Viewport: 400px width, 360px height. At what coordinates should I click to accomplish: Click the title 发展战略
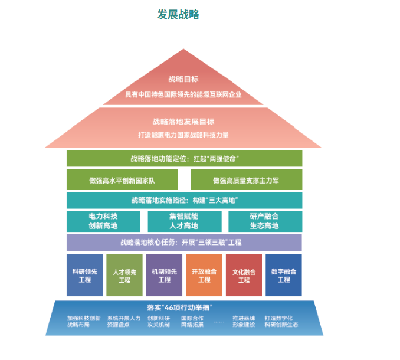pos(178,14)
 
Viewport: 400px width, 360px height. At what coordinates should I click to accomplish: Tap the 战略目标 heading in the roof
pos(183,79)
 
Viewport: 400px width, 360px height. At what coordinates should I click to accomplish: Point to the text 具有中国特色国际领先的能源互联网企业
pos(183,94)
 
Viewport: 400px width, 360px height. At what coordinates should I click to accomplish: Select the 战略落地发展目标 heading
pos(183,122)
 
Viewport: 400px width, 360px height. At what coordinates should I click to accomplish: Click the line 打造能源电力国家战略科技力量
pos(183,135)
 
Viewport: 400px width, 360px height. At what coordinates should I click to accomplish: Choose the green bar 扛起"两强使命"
pos(184,158)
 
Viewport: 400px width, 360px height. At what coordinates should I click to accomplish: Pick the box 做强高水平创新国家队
pos(122,179)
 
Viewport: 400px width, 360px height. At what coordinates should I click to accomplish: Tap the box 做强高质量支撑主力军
pos(246,179)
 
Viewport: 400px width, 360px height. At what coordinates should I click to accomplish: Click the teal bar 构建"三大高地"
pos(184,200)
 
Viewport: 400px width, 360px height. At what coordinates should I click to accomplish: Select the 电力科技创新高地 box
pos(103,221)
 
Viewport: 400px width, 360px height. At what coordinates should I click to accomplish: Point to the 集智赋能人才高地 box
pos(183,221)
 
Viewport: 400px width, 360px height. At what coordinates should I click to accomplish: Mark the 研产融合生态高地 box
pos(265,221)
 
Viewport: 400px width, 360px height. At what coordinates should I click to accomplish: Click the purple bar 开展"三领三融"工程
pos(184,242)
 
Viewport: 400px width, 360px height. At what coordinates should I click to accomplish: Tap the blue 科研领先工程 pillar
pos(85,275)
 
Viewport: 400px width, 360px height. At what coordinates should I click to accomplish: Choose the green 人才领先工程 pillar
pos(124,275)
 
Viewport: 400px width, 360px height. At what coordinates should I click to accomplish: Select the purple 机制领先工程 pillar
pos(164,275)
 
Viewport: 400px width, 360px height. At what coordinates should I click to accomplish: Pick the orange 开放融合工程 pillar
pos(204,275)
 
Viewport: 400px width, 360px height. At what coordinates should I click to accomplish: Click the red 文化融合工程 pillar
pos(244,275)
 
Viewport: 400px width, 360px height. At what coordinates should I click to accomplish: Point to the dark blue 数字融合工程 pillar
pos(284,275)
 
